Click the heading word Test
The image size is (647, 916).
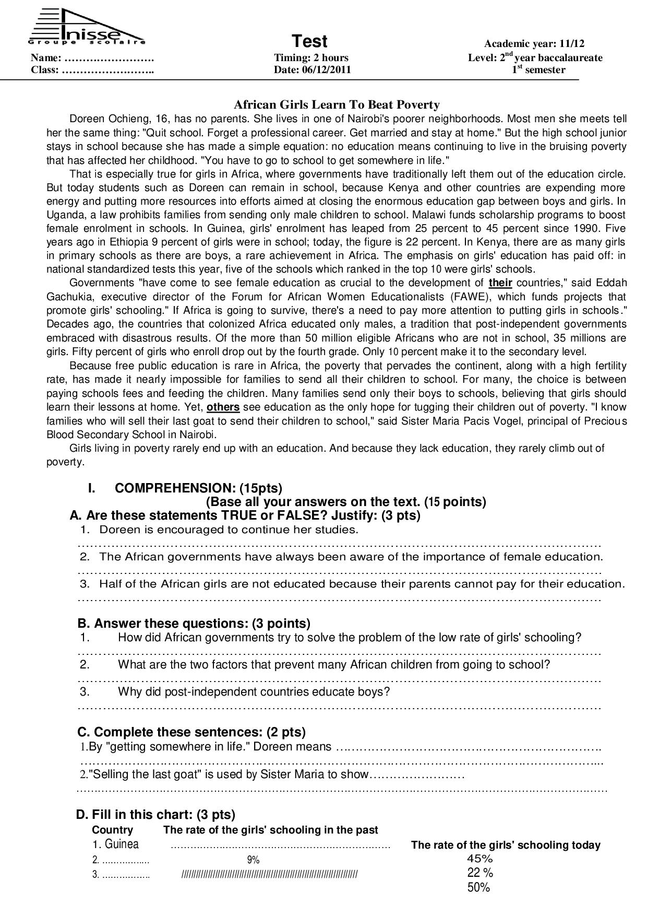click(309, 41)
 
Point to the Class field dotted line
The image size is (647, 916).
click(107, 70)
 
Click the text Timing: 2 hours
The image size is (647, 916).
click(311, 58)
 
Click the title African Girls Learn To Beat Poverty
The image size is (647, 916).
click(336, 105)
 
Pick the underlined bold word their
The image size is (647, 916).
click(500, 283)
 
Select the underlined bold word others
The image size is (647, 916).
click(223, 407)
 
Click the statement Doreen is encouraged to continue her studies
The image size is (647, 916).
click(229, 530)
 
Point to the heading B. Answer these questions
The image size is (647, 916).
click(194, 624)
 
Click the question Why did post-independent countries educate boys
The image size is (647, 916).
click(254, 692)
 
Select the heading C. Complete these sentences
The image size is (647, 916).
click(191, 732)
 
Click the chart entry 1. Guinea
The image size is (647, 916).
click(116, 844)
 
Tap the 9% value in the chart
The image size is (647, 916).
click(253, 860)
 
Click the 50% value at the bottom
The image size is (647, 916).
click(478, 888)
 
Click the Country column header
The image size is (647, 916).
click(112, 830)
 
